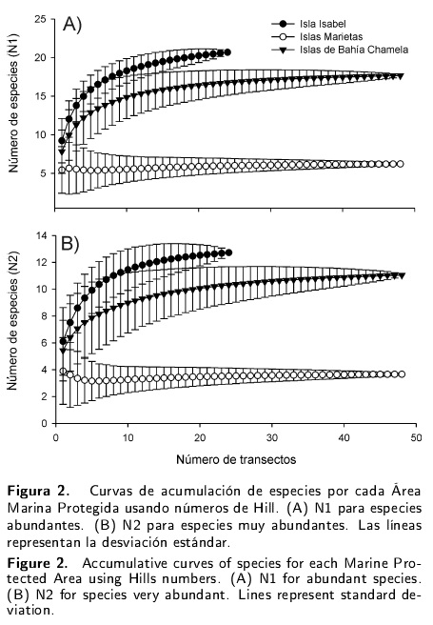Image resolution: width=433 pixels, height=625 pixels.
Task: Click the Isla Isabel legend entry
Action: pyautogui.click(x=309, y=24)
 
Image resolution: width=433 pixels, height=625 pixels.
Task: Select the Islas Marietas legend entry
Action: pyautogui.click(x=317, y=36)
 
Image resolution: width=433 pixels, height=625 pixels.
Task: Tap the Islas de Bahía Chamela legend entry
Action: pyautogui.click(x=340, y=50)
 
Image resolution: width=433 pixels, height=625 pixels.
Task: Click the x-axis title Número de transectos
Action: pyautogui.click(x=236, y=459)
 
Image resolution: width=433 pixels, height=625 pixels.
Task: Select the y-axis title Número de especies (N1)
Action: pyautogui.click(x=13, y=104)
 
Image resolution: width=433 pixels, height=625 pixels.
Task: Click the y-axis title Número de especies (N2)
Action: pyautogui.click(x=12, y=321)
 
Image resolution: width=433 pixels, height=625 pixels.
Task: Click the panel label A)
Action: pyautogui.click(x=72, y=25)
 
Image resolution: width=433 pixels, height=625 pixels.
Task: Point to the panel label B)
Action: pyautogui.click(x=70, y=244)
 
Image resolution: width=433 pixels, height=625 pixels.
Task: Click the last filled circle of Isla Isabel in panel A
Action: pyautogui.click(x=227, y=52)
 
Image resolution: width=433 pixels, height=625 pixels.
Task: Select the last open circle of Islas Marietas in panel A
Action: pyautogui.click(x=401, y=164)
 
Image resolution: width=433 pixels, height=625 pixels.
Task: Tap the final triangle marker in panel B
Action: pyautogui.click(x=402, y=276)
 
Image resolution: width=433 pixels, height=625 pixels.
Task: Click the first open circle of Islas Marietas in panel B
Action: pyautogui.click(x=63, y=372)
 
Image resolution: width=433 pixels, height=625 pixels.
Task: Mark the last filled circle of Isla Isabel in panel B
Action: pyautogui.click(x=228, y=252)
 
